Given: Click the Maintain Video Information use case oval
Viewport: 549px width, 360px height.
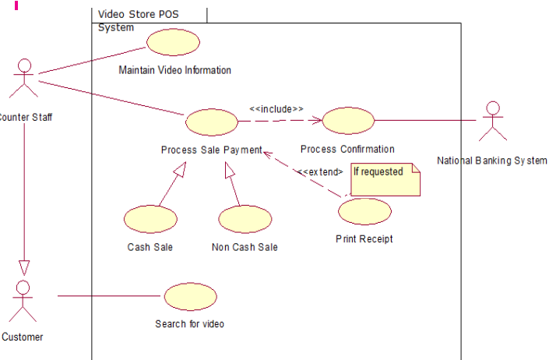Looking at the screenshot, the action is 174,42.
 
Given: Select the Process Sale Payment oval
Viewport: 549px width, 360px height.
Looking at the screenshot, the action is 212,122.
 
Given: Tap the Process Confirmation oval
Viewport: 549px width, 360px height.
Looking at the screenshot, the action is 348,121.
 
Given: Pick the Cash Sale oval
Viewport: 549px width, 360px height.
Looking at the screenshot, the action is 150,219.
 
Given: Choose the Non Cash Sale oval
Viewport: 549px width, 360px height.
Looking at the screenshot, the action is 245,219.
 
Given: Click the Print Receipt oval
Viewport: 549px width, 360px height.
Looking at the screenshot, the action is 365,211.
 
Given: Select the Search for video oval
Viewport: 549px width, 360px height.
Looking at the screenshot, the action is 191,297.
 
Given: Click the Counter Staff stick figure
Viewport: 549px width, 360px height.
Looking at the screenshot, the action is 24,78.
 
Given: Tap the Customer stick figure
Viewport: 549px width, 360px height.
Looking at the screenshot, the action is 23,301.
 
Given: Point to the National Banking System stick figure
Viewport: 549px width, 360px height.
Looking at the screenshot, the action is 493,121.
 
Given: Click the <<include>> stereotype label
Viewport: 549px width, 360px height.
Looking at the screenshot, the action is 276,109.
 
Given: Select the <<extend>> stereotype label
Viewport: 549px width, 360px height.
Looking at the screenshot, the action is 320,172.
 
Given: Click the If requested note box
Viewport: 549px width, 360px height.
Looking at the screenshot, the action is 385,179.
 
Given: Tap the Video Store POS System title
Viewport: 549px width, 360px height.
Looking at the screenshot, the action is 139,21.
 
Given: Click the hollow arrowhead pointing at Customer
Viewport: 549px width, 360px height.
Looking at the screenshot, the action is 24,268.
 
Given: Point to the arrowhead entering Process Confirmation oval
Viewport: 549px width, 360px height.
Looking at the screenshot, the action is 317,121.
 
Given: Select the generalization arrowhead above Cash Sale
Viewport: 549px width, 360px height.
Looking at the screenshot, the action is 180,169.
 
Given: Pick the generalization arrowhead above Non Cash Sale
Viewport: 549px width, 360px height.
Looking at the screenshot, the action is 229,170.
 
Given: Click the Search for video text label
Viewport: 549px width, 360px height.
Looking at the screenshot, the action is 190,324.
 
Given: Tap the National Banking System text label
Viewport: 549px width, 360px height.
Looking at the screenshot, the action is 492,161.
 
